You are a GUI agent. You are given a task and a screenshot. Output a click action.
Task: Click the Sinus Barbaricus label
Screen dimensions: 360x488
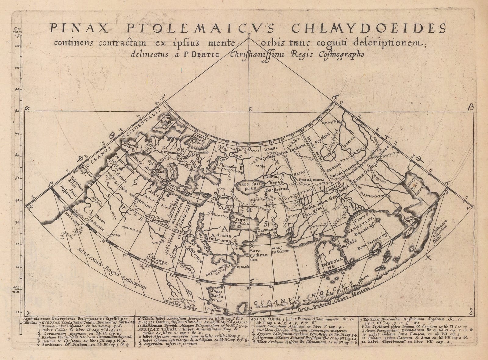pos(217,295)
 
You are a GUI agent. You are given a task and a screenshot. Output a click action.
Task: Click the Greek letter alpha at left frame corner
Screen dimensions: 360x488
pos(27,108)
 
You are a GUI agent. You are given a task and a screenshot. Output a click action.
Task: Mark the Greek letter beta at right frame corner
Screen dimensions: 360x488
pos(471,107)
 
